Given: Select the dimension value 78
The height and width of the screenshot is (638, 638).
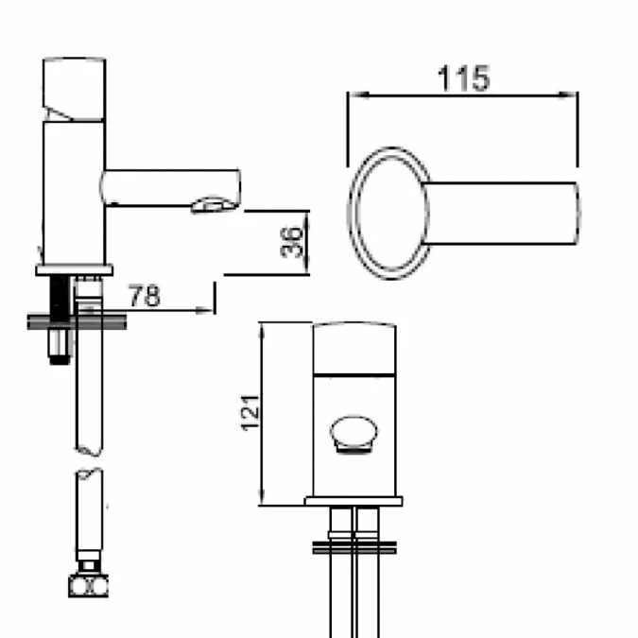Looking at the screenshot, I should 144,296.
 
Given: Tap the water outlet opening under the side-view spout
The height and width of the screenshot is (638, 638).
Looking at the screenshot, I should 213,204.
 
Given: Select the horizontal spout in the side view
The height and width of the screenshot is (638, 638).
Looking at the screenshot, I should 170,186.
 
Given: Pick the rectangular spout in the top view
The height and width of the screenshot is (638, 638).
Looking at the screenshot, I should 506,213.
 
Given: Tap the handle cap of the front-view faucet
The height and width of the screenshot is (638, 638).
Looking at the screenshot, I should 357,348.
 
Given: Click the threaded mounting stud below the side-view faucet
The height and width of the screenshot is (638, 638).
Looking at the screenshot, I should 60,321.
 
